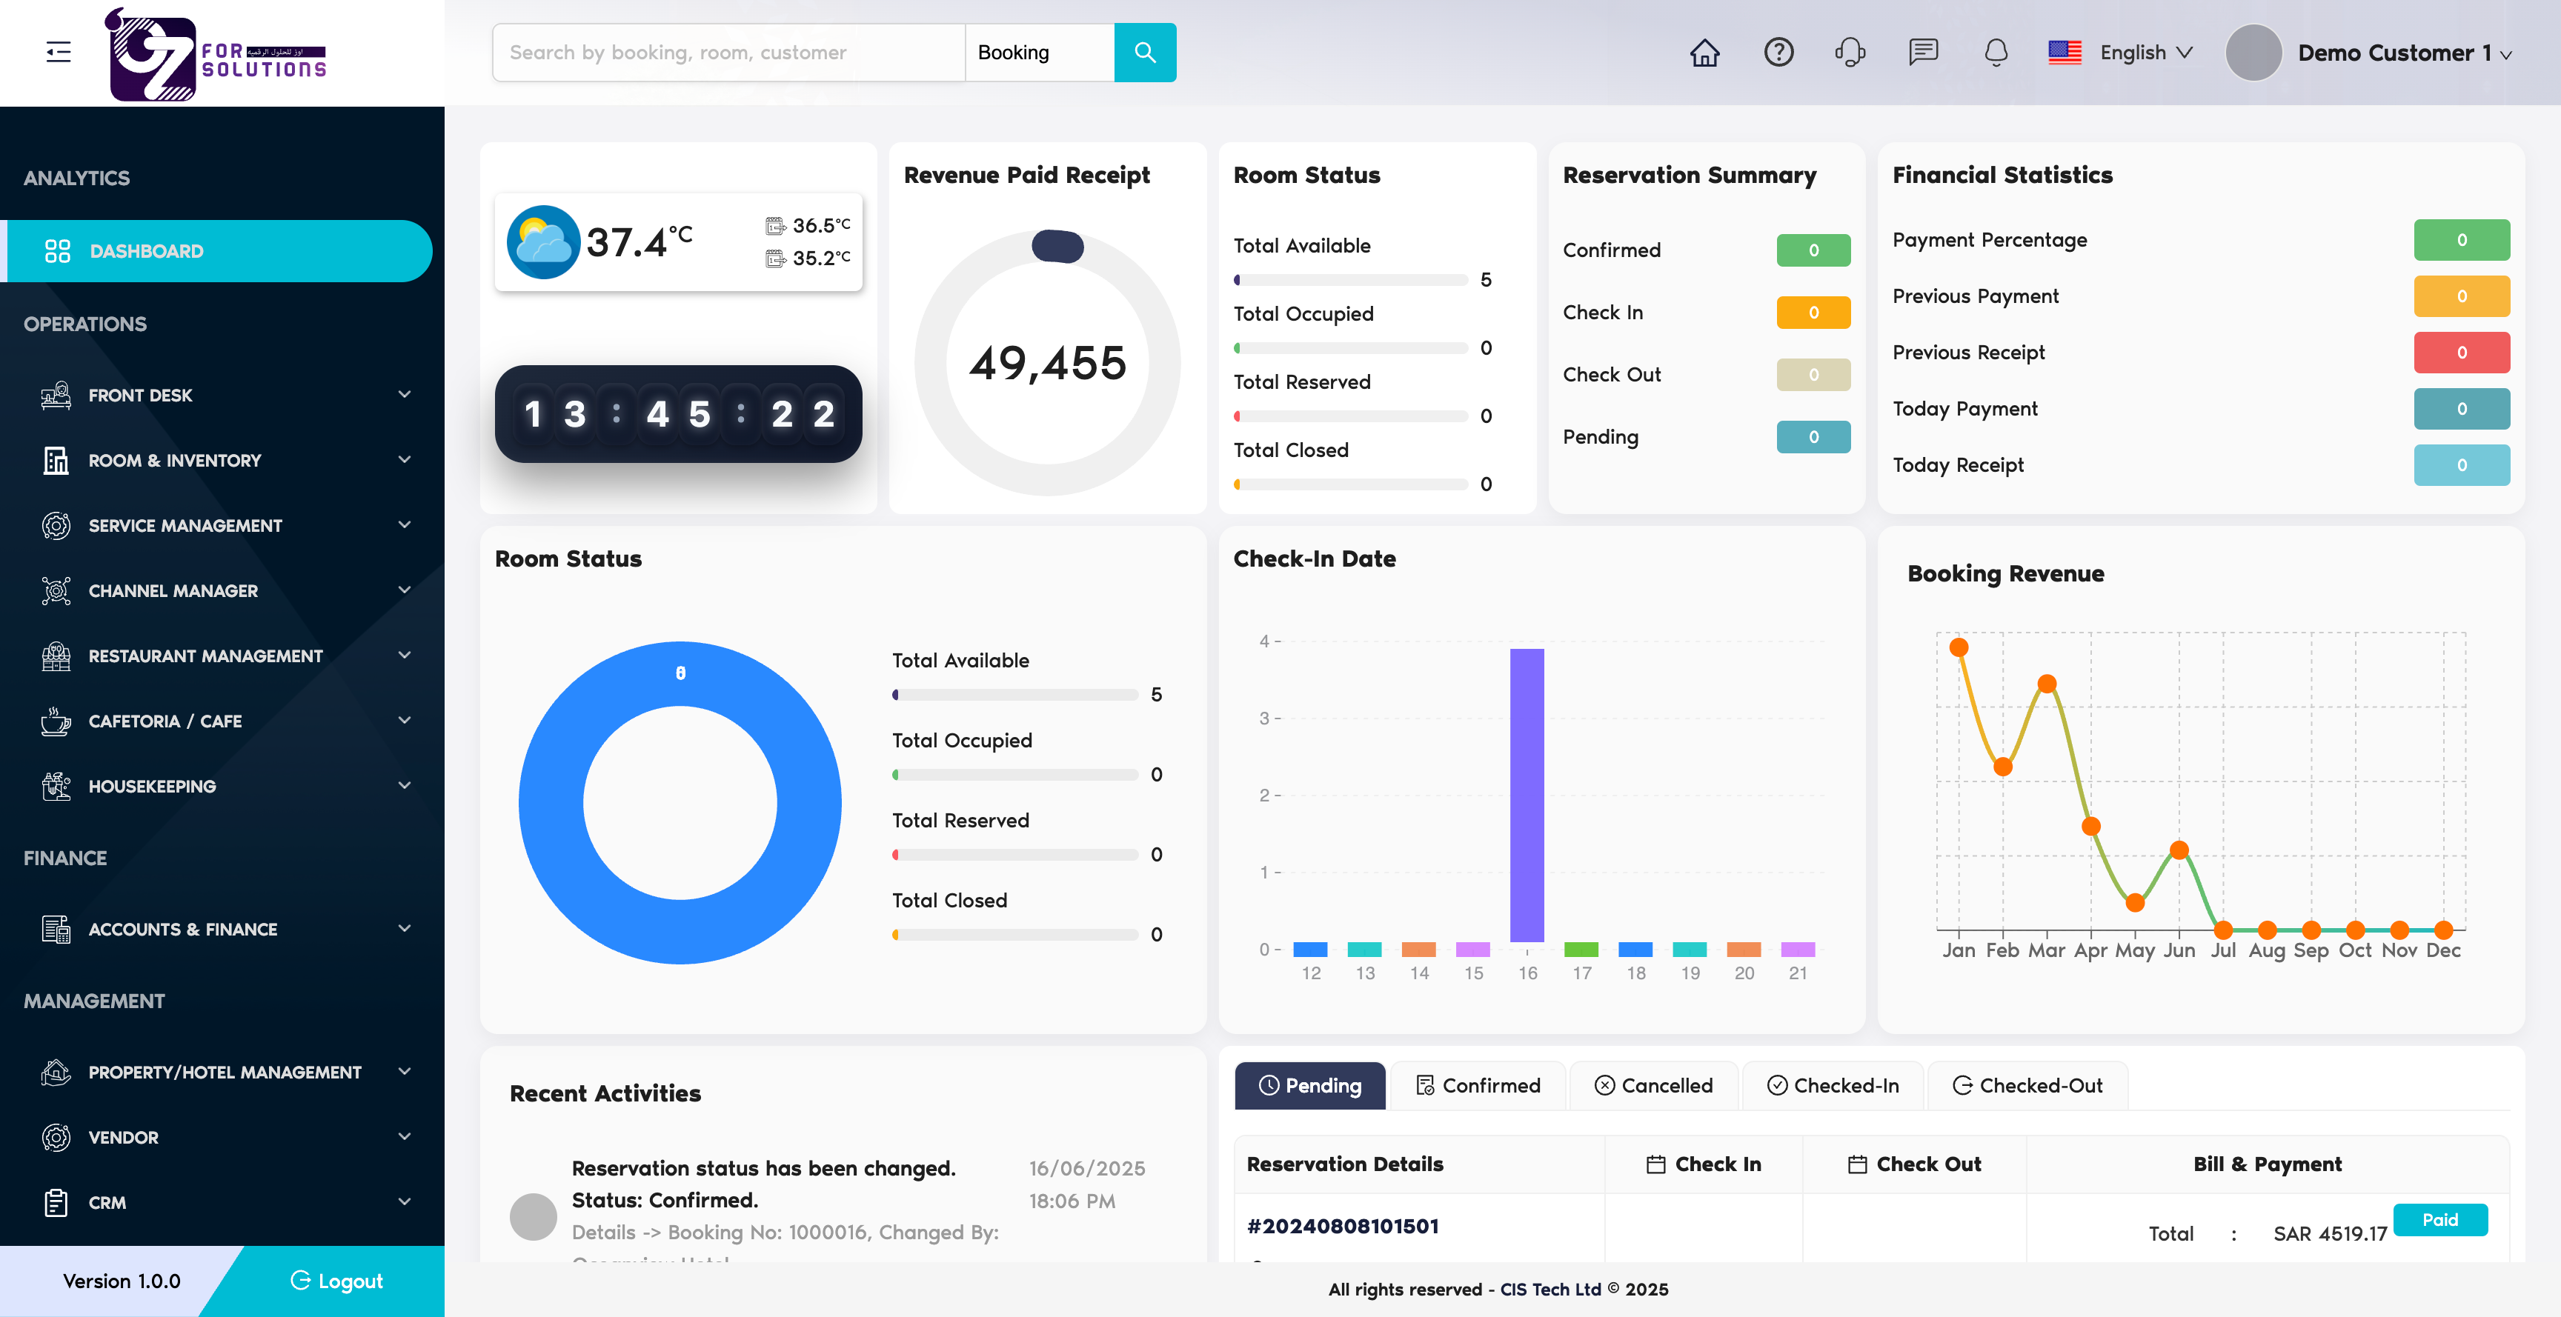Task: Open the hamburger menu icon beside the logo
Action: click(59, 53)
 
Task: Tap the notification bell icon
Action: click(1996, 53)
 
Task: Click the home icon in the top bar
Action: click(1704, 53)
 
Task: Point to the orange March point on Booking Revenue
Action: click(2046, 684)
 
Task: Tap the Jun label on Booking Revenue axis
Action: click(2178, 950)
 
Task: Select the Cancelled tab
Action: click(1653, 1085)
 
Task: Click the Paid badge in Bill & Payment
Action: click(2439, 1219)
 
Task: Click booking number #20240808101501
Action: click(1342, 1227)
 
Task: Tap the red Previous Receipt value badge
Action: click(2460, 353)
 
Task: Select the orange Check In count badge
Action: click(1813, 312)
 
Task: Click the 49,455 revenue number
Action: click(1047, 364)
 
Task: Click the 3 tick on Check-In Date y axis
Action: click(1265, 718)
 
